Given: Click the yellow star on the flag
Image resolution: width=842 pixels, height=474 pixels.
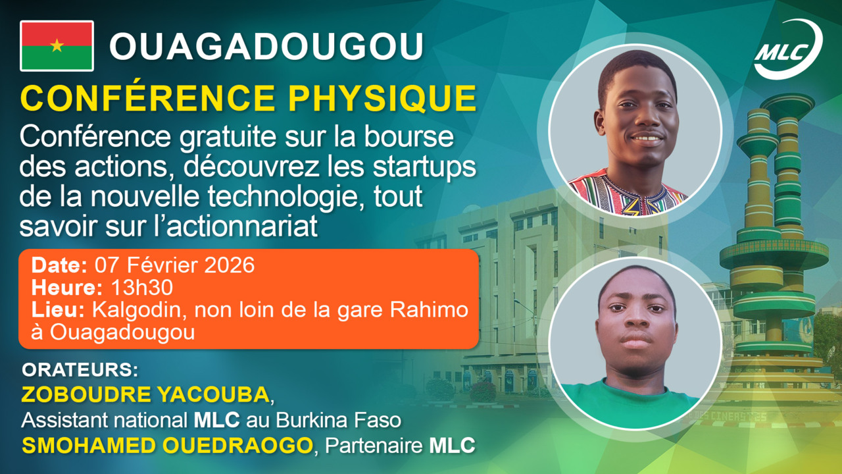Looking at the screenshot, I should point(57,45).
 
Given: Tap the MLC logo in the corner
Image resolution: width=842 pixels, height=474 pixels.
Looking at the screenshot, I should point(787,49).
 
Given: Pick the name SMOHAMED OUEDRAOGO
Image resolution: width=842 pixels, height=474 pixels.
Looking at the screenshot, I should point(167,445).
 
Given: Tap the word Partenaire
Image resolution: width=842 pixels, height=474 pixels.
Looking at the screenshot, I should point(374,446).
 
